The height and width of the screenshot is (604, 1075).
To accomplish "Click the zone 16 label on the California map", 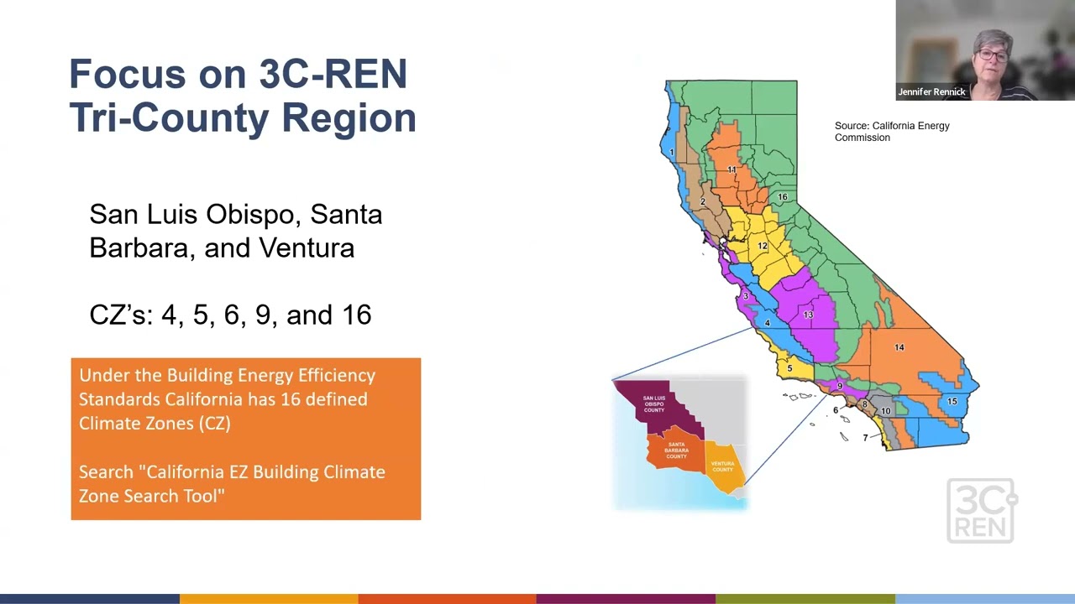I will (782, 197).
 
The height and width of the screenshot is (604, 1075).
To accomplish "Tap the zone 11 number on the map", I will (732, 169).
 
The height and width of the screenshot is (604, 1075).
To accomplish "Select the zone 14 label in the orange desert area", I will (899, 347).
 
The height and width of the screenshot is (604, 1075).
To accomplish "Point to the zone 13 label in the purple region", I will (808, 315).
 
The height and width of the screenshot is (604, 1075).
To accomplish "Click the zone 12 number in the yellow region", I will (763, 246).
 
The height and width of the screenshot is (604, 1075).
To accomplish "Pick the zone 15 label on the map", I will (952, 401).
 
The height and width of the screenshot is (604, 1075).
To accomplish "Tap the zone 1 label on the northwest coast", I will (672, 152).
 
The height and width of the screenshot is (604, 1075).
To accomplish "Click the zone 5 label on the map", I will (789, 368).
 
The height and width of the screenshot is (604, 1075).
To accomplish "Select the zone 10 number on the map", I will (885, 411).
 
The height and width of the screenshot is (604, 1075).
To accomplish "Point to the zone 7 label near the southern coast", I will (865, 438).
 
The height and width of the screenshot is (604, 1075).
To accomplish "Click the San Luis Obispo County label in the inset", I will (654, 404).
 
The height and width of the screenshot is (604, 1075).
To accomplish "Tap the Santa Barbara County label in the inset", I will (676, 450).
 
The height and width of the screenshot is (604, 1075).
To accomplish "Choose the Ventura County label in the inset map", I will (722, 466).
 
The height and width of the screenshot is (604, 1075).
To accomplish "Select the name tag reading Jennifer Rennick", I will (931, 92).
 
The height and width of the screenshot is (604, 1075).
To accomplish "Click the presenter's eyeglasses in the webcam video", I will (992, 56).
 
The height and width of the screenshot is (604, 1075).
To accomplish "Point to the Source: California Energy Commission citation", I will (891, 132).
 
